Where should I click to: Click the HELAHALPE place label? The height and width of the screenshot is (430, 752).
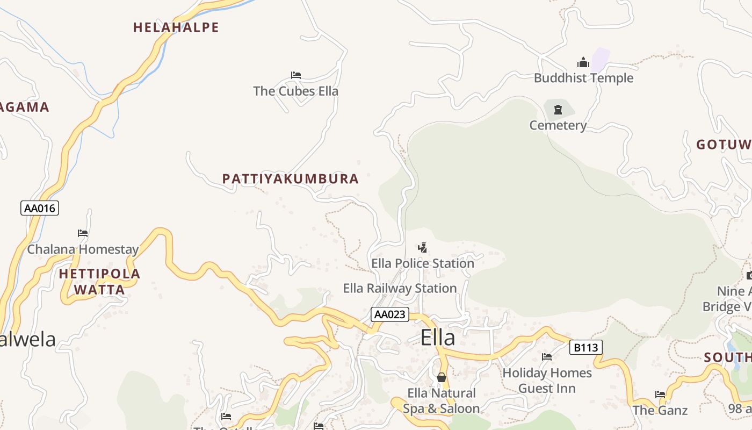click(176, 27)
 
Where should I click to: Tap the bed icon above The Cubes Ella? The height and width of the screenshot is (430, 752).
click(295, 75)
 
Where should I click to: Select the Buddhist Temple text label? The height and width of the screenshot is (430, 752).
click(583, 78)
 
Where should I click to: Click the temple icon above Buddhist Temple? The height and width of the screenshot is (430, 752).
click(583, 63)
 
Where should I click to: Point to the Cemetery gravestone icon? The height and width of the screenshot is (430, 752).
click(558, 110)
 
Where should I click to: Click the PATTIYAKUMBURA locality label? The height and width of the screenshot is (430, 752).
click(291, 179)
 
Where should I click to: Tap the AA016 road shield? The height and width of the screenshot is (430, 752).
click(40, 208)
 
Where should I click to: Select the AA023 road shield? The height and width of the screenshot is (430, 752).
click(389, 314)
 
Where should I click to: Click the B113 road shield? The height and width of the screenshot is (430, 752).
click(585, 347)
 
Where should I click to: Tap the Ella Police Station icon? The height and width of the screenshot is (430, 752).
click(423, 248)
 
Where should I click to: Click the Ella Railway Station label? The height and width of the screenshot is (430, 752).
click(400, 289)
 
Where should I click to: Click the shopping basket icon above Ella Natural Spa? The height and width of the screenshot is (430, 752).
click(441, 377)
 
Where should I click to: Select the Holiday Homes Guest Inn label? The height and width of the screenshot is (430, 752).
click(547, 381)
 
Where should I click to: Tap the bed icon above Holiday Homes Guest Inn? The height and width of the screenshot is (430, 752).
click(547, 357)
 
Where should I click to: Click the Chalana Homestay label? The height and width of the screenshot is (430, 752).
click(83, 249)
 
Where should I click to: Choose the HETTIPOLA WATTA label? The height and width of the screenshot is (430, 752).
click(99, 282)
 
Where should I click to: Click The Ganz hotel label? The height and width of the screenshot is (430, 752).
click(660, 411)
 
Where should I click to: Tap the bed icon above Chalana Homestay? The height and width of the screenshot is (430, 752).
click(83, 233)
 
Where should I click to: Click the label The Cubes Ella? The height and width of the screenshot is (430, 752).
click(295, 91)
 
